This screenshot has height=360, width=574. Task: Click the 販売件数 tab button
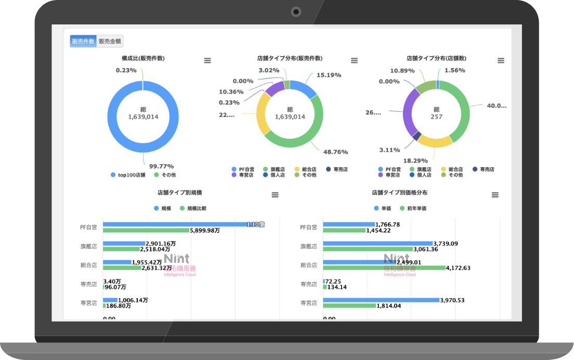83,42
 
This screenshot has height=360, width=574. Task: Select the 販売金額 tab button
110,42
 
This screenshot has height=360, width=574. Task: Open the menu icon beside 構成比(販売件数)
207,60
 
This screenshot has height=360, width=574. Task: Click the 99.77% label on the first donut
161,166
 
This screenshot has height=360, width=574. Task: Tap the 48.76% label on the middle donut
335,152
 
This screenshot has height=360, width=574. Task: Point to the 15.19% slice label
329,75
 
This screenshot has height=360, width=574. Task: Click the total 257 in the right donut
437,117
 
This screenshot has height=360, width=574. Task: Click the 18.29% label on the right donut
415,161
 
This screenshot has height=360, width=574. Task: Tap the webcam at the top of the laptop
296,11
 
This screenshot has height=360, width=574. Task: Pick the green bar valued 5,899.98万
146,230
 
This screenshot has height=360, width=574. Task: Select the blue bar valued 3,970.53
381,300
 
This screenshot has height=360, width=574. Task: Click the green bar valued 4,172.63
384,268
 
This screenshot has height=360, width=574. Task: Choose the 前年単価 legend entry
416,208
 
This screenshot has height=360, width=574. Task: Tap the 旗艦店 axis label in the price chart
309,246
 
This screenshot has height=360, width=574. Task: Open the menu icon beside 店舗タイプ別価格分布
495,195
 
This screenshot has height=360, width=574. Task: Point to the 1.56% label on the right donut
454,70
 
